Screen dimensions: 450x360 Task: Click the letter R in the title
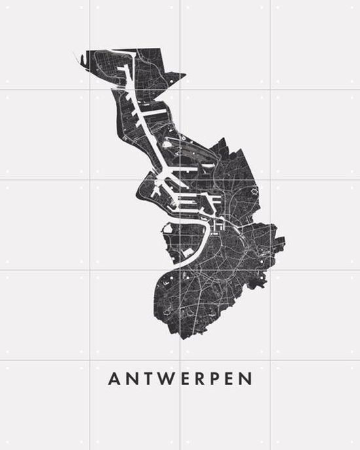[200, 379]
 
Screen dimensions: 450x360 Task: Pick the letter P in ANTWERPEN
[217, 379]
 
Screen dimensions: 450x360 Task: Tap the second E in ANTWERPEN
[232, 379]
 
